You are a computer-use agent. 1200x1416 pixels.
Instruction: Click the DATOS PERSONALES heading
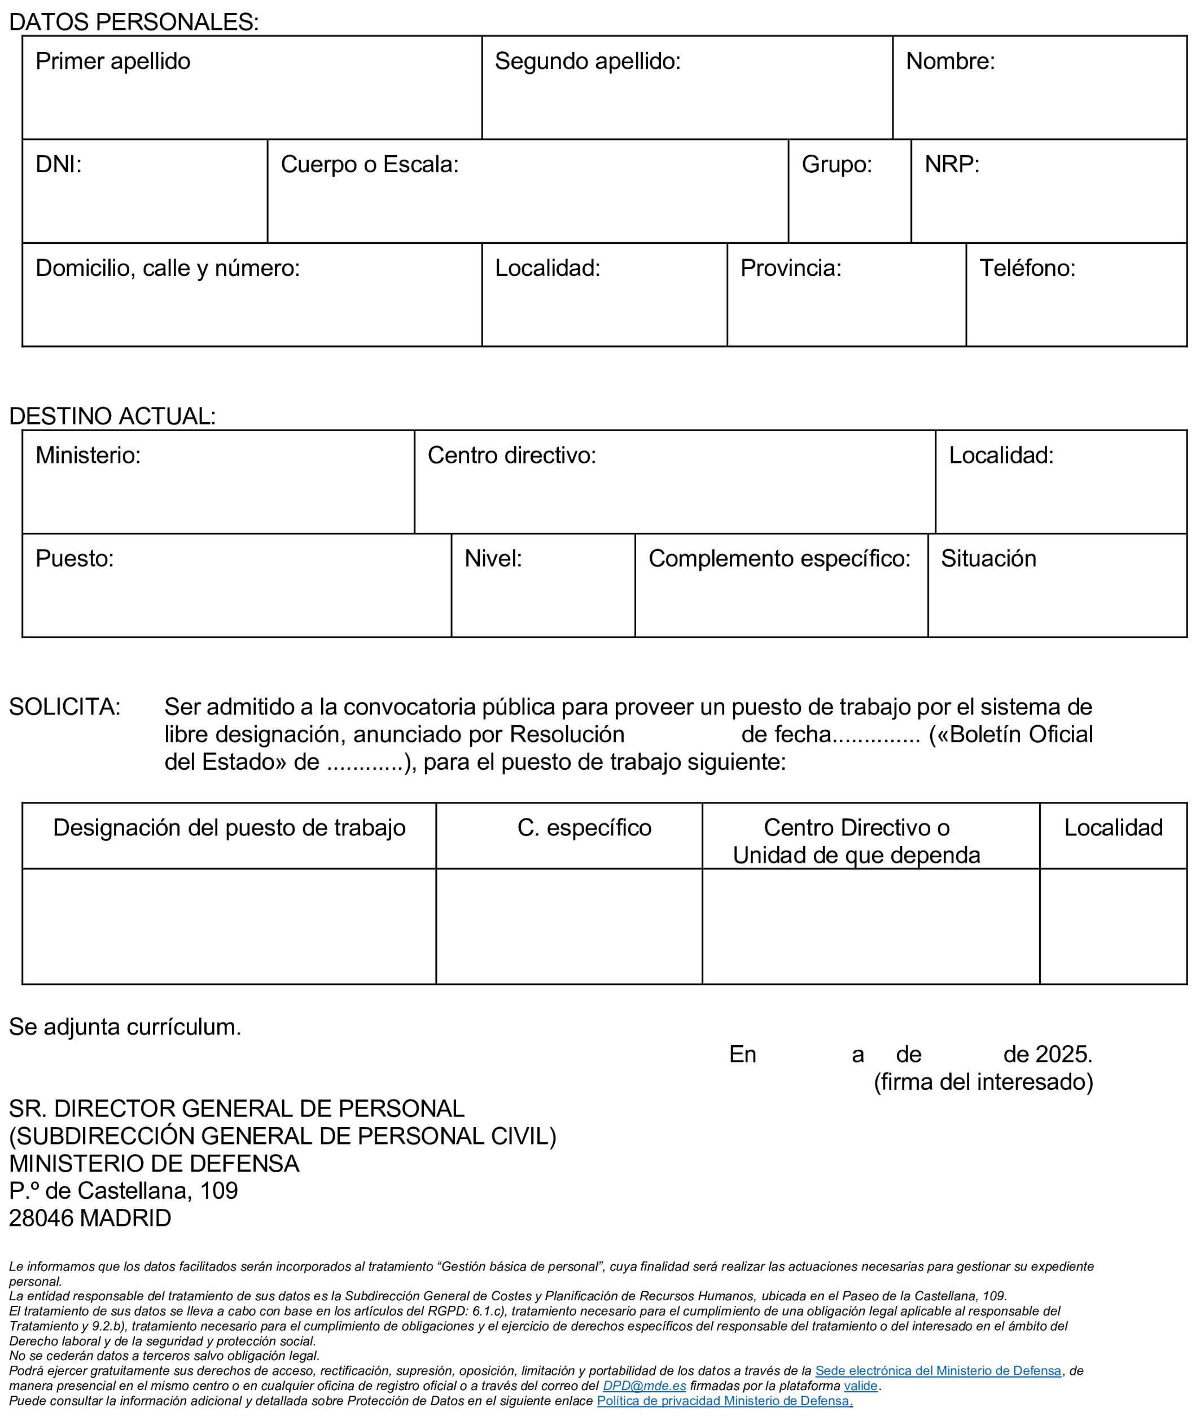133,22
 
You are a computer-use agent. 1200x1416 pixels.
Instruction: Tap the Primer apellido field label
113,61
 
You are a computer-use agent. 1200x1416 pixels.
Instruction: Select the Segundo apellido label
587,61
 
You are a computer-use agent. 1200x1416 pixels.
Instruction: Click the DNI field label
59,165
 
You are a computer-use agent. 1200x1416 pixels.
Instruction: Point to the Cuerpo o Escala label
369,165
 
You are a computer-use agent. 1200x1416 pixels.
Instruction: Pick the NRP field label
952,165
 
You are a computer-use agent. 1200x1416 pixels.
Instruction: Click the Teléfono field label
1027,268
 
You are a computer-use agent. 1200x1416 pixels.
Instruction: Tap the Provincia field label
790,268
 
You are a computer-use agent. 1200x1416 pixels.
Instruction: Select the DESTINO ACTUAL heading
112,417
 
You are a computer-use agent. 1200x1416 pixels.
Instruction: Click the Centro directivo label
511,455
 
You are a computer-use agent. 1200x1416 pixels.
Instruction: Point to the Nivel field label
493,558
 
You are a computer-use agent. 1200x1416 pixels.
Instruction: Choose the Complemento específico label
779,558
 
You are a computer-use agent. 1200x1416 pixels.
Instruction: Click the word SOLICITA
64,707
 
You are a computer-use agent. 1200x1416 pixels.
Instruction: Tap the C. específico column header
584,828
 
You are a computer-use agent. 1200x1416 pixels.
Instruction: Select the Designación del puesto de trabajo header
229,828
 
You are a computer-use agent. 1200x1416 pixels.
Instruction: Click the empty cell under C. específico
569,926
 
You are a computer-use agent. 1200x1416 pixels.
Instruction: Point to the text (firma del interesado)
983,1081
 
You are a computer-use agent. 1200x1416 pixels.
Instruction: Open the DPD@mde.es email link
644,1386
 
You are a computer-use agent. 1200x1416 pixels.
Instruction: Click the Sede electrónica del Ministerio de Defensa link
938,1370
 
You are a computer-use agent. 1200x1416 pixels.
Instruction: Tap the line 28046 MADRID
90,1217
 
